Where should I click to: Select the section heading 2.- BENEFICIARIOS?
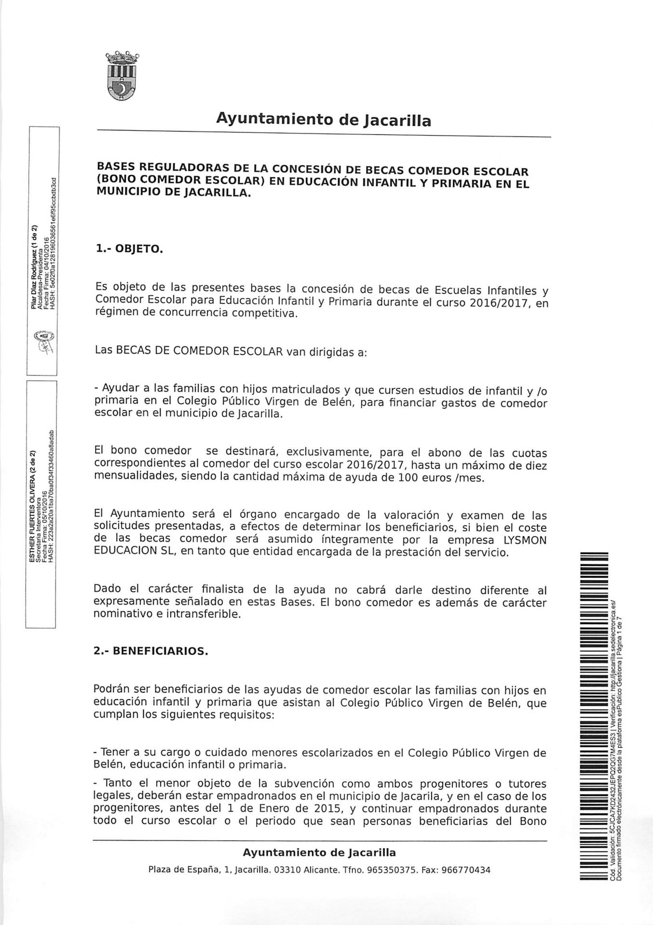coord(150,651)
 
